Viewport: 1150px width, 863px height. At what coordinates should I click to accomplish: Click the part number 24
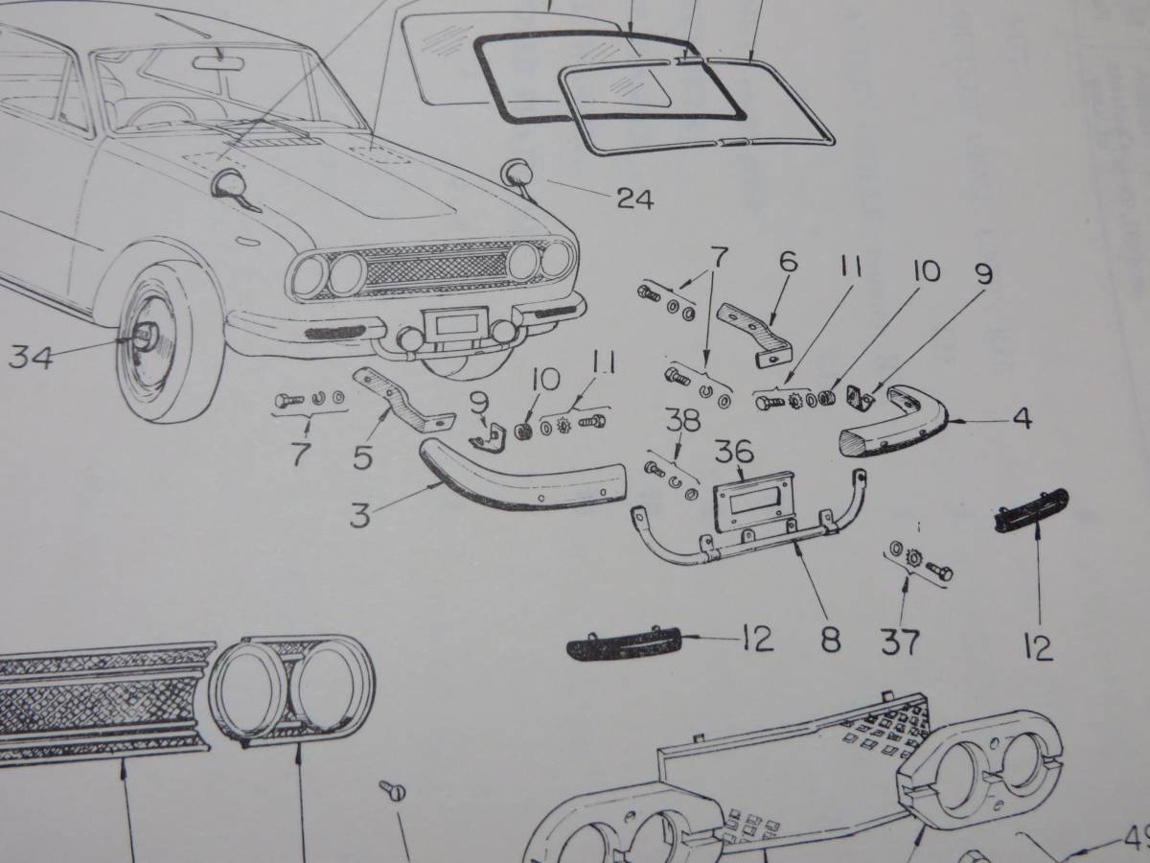point(635,199)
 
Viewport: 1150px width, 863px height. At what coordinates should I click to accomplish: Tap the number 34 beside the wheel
point(32,359)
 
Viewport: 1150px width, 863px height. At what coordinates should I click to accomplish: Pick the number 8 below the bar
point(831,640)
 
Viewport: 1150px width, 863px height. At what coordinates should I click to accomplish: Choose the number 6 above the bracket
point(789,262)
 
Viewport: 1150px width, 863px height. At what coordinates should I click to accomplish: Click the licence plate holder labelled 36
point(757,499)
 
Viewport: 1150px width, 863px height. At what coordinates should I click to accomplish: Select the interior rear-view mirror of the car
point(216,64)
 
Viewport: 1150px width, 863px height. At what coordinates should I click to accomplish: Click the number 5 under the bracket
point(362,457)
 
